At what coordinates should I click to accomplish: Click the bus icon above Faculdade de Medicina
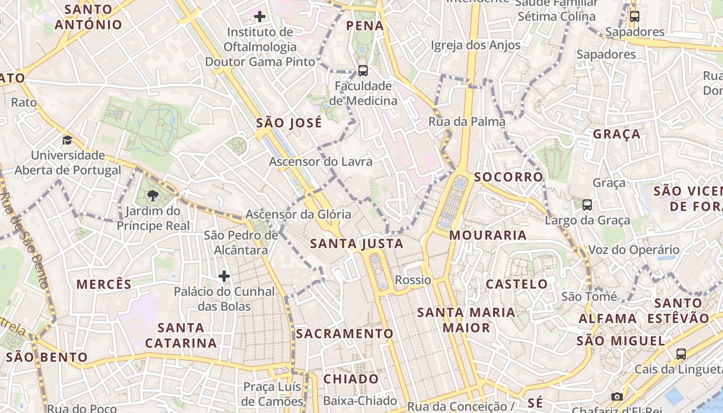pyautogui.click(x=363, y=71)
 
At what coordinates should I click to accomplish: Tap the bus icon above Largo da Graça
pyautogui.click(x=587, y=205)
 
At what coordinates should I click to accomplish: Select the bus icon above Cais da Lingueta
pyautogui.click(x=681, y=354)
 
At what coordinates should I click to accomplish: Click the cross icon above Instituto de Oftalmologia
pyautogui.click(x=260, y=17)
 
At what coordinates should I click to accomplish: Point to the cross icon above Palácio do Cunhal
pyautogui.click(x=224, y=276)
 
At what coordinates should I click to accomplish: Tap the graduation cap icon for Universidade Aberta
pyautogui.click(x=67, y=140)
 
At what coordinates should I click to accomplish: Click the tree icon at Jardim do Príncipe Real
pyautogui.click(x=152, y=196)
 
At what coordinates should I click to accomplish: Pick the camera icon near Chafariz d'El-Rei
pyautogui.click(x=617, y=396)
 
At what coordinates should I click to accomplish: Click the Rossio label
pyautogui.click(x=413, y=280)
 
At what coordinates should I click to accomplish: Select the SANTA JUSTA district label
pyautogui.click(x=357, y=244)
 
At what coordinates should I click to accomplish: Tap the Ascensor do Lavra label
pyautogui.click(x=321, y=162)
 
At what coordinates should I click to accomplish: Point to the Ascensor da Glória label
pyautogui.click(x=298, y=214)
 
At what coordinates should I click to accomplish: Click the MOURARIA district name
pyautogui.click(x=488, y=235)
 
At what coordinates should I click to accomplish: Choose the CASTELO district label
pyautogui.click(x=517, y=284)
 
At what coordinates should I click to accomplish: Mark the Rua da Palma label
pyautogui.click(x=467, y=122)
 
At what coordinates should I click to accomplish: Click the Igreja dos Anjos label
pyautogui.click(x=476, y=45)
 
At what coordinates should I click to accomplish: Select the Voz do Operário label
pyautogui.click(x=634, y=250)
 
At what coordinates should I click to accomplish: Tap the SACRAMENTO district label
pyautogui.click(x=345, y=333)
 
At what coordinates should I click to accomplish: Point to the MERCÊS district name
pyautogui.click(x=104, y=284)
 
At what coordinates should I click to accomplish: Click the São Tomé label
pyautogui.click(x=589, y=297)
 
